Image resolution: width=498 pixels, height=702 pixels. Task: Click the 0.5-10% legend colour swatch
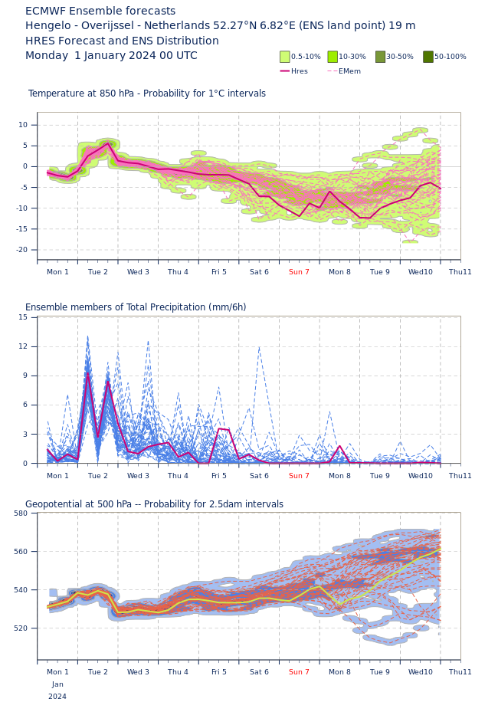pyautogui.click(x=285, y=57)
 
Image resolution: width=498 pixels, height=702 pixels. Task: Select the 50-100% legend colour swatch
pyautogui.click(x=428, y=57)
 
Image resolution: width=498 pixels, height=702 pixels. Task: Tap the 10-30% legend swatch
pyautogui.click(x=333, y=57)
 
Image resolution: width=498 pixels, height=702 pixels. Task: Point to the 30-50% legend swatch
pyautogui.click(x=381, y=57)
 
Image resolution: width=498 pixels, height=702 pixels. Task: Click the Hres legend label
pyautogui.click(x=300, y=71)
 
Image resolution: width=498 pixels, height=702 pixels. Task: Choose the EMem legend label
pyautogui.click(x=349, y=71)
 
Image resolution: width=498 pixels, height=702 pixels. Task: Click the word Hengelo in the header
pyautogui.click(x=48, y=26)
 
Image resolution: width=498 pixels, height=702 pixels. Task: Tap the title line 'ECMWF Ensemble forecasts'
pyautogui.click(x=100, y=11)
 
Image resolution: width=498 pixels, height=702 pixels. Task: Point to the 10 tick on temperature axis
pyautogui.click(x=23, y=125)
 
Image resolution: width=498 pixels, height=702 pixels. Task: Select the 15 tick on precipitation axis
pyautogui.click(x=23, y=317)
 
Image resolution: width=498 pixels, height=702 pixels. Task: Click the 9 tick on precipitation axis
pyautogui.click(x=25, y=376)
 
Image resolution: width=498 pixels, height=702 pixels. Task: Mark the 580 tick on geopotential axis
pyautogui.click(x=21, y=513)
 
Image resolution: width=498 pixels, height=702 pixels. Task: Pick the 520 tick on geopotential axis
pyautogui.click(x=21, y=628)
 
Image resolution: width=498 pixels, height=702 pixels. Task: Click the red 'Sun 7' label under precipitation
pyautogui.click(x=299, y=476)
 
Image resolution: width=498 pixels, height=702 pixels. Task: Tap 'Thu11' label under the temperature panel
pyautogui.click(x=460, y=272)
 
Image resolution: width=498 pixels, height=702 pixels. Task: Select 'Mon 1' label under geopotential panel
pyautogui.click(x=57, y=672)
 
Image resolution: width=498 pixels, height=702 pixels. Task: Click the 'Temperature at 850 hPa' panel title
pyautogui.click(x=147, y=94)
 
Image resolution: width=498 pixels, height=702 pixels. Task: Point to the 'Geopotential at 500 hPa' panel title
pyautogui.click(x=154, y=504)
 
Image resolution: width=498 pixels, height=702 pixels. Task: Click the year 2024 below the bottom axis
pyautogui.click(x=57, y=697)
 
